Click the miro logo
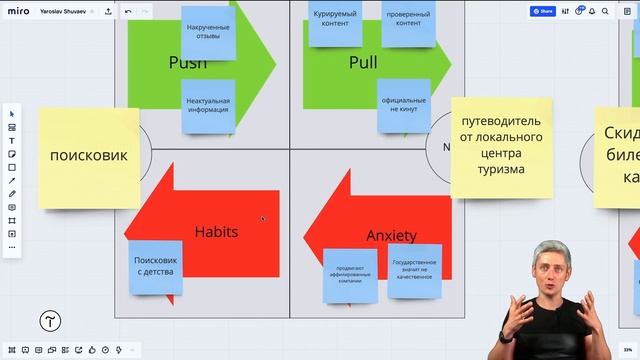tap(17, 12)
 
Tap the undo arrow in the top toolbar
tap(127, 12)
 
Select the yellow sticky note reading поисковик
tap(89, 156)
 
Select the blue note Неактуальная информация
tap(208, 106)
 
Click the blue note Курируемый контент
tap(336, 22)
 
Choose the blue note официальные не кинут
tap(404, 107)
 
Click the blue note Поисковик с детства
tap(155, 267)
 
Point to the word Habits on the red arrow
tap(216, 232)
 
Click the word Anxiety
tap(391, 236)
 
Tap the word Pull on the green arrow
tap(363, 62)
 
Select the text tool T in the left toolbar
tap(12, 141)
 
